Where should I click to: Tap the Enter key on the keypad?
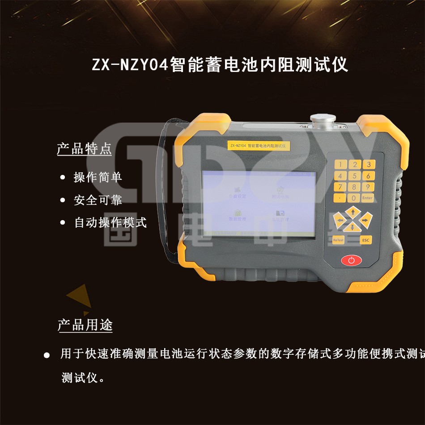click(367, 198)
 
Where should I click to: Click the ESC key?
click(366, 240)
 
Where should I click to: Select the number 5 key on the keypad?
click(354, 176)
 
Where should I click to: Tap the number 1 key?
click(341, 165)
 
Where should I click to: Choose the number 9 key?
click(368, 187)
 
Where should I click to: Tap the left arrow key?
click(340, 220)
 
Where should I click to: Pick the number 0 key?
click(354, 198)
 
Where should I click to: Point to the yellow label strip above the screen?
click(259, 145)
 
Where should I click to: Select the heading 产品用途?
click(85, 325)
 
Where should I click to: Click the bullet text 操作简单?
click(98, 177)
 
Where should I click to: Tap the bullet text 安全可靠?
click(98, 200)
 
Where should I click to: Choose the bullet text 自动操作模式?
click(110, 222)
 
